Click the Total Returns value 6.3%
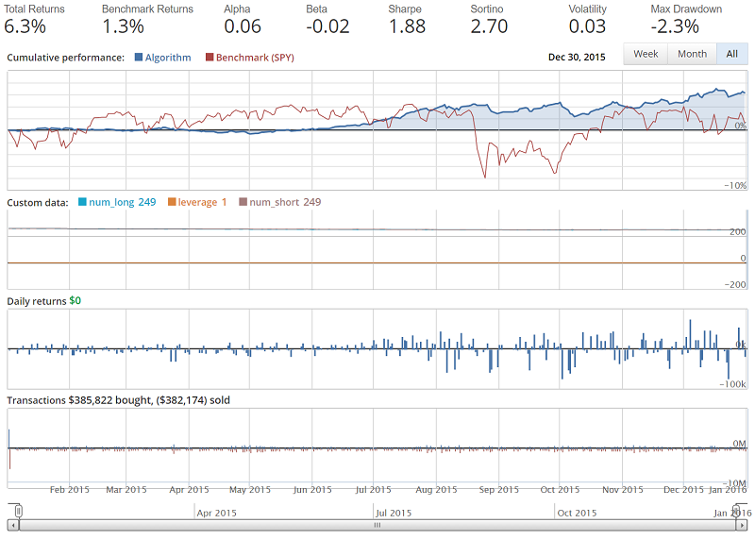click(25, 26)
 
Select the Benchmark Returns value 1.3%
click(124, 26)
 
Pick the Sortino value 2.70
click(489, 26)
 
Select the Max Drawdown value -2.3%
click(675, 26)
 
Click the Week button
click(646, 55)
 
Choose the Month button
click(692, 55)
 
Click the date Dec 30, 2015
click(577, 58)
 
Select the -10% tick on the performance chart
click(735, 186)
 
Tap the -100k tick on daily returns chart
click(734, 384)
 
